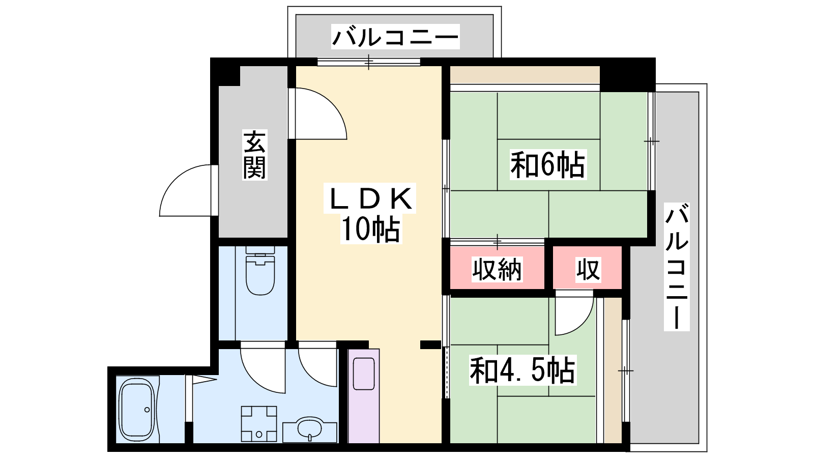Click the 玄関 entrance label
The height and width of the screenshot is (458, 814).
click(255, 155)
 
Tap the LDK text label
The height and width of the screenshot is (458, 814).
click(370, 198)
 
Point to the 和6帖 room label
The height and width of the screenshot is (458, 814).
click(548, 165)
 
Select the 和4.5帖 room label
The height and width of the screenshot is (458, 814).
click(522, 370)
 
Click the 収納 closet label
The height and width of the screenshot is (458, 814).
click(497, 269)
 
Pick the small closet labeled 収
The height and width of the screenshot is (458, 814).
click(588, 269)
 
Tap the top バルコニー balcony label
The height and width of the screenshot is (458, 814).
click(395, 37)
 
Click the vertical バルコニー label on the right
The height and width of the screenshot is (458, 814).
click(677, 267)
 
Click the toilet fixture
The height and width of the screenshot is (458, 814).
click(260, 271)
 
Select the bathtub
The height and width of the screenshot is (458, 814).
click(137, 410)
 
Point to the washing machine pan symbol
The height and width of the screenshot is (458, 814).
click(259, 424)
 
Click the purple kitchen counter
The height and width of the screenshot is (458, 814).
click(364, 396)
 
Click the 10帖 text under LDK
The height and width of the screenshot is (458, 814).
click(371, 229)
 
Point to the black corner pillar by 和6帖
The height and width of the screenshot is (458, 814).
click(628, 75)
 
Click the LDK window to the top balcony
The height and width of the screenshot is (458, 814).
click(368, 62)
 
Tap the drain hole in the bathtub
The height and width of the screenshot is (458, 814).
click(147, 410)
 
